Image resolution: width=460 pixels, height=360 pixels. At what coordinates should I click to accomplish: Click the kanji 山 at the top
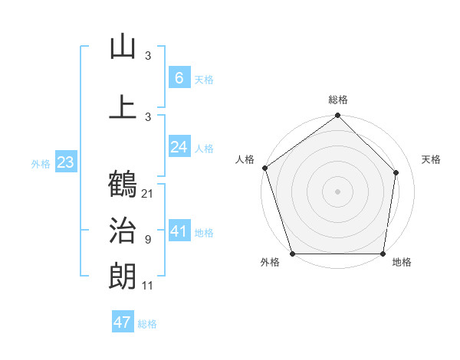coord(123,47)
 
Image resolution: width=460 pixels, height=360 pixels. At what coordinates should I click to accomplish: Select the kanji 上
coord(123,106)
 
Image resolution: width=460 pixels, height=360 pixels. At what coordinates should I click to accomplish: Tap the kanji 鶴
coord(123,184)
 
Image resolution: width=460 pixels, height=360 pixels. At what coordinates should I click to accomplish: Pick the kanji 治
coord(123,231)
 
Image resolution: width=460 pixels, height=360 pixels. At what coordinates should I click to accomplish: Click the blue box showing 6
coord(179,77)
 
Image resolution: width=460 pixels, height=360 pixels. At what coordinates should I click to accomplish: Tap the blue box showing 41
coord(179,231)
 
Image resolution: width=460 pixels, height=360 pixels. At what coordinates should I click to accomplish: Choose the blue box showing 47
coord(123,322)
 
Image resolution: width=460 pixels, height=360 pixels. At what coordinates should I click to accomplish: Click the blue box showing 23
coord(65,162)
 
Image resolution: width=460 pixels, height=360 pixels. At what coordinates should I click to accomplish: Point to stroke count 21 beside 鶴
coord(148,193)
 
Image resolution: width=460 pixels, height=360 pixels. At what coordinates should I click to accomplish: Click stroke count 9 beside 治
coord(148,240)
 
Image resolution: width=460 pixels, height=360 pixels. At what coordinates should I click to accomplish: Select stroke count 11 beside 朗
coord(148,286)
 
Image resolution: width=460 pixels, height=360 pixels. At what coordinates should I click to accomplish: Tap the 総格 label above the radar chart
coord(338,100)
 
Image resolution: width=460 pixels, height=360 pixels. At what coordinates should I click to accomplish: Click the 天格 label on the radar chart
coord(431,159)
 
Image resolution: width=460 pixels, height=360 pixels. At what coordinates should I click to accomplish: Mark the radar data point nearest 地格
coord(383,254)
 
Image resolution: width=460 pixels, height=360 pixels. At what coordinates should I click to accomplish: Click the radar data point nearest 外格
coord(292,254)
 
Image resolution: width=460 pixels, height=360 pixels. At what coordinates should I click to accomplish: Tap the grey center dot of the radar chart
coord(338,191)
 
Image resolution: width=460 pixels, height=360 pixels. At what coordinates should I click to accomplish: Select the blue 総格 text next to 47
coord(147,324)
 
